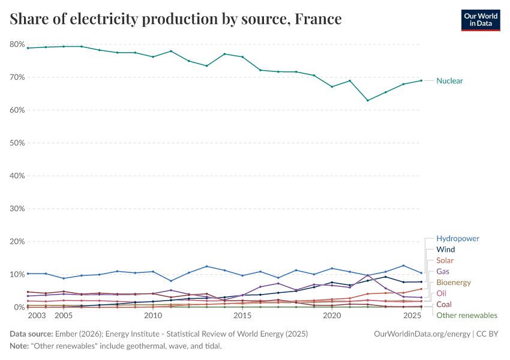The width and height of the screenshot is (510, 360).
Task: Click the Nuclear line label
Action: coord(449,81)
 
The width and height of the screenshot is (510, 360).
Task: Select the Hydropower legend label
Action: coord(457,239)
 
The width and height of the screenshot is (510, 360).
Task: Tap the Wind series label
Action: coord(445,250)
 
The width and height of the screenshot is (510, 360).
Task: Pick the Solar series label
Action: coord(445,260)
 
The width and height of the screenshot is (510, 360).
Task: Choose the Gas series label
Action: coord(443,272)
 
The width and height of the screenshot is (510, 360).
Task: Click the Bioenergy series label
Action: coord(453,283)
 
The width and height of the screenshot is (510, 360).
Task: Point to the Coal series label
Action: coord(444,305)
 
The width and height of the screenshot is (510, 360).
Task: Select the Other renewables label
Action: coord(466,316)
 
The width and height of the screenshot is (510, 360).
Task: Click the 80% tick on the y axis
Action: coord(16,44)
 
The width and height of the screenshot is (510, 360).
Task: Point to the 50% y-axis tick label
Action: coord(16,143)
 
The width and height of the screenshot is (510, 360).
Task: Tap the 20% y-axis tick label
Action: coord(16,242)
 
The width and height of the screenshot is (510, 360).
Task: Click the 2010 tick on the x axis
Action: coord(153,316)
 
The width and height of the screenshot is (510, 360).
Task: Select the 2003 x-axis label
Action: coord(37,316)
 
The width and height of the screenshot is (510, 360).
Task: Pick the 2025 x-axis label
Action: coord(412,316)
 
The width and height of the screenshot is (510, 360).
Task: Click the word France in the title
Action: coord(318,20)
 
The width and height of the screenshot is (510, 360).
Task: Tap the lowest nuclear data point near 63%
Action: coord(367,100)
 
